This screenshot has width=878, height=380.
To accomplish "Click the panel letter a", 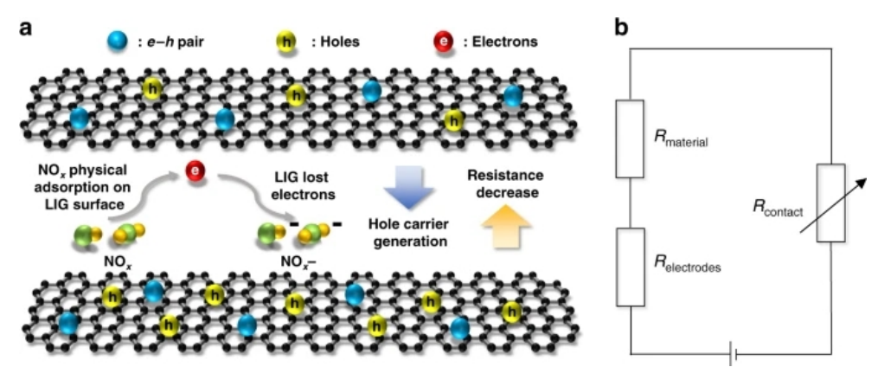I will pyautogui.click(x=27, y=27).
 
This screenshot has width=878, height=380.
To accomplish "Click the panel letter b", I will pyautogui.click(x=621, y=28).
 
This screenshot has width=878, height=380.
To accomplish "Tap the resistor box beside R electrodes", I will pyautogui.click(x=630, y=267).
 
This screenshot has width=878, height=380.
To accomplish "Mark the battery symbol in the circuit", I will pyautogui.click(x=733, y=354).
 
